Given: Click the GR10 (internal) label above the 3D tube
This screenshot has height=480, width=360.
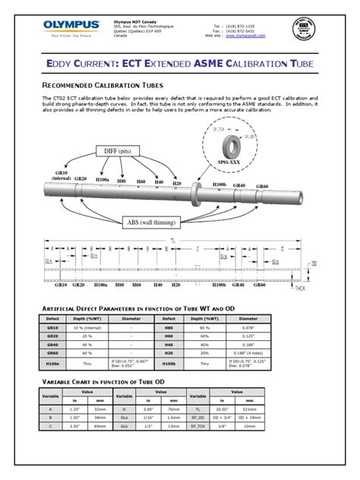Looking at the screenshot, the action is (62, 174).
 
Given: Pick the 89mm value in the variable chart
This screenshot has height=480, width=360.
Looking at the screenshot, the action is (100, 448).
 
